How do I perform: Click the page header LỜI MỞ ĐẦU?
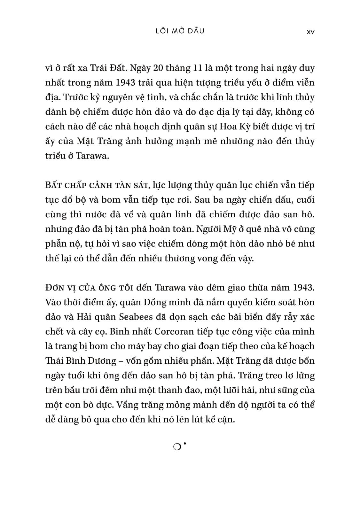(x=179, y=31)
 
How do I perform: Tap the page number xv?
(x=310, y=32)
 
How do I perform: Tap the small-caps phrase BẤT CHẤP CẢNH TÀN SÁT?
(x=97, y=185)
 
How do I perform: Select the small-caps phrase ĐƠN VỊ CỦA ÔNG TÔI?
(x=89, y=288)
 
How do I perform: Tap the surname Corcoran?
(x=174, y=331)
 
